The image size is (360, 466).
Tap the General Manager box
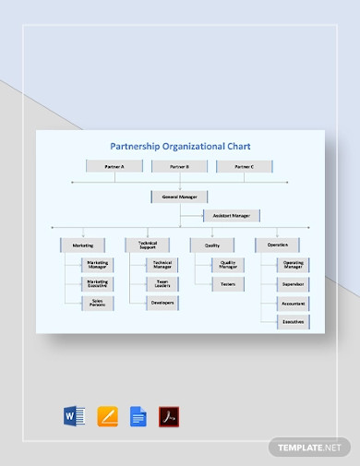[179, 197]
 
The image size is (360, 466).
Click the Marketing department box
[83, 245]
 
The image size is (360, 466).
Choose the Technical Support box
[148, 245]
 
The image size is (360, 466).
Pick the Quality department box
[212, 245]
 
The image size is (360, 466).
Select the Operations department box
[277, 245]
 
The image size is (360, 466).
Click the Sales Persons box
[97, 303]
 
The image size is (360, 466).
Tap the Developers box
[162, 303]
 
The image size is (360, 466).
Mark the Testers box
[227, 284]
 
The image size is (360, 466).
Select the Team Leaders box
[162, 284]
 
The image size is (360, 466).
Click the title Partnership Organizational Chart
[179, 146]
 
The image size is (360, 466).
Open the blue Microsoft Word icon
[74, 417]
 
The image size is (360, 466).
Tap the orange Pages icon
[106, 417]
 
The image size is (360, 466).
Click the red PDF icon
[170, 417]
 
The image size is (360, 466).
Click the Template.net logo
[304, 447]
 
